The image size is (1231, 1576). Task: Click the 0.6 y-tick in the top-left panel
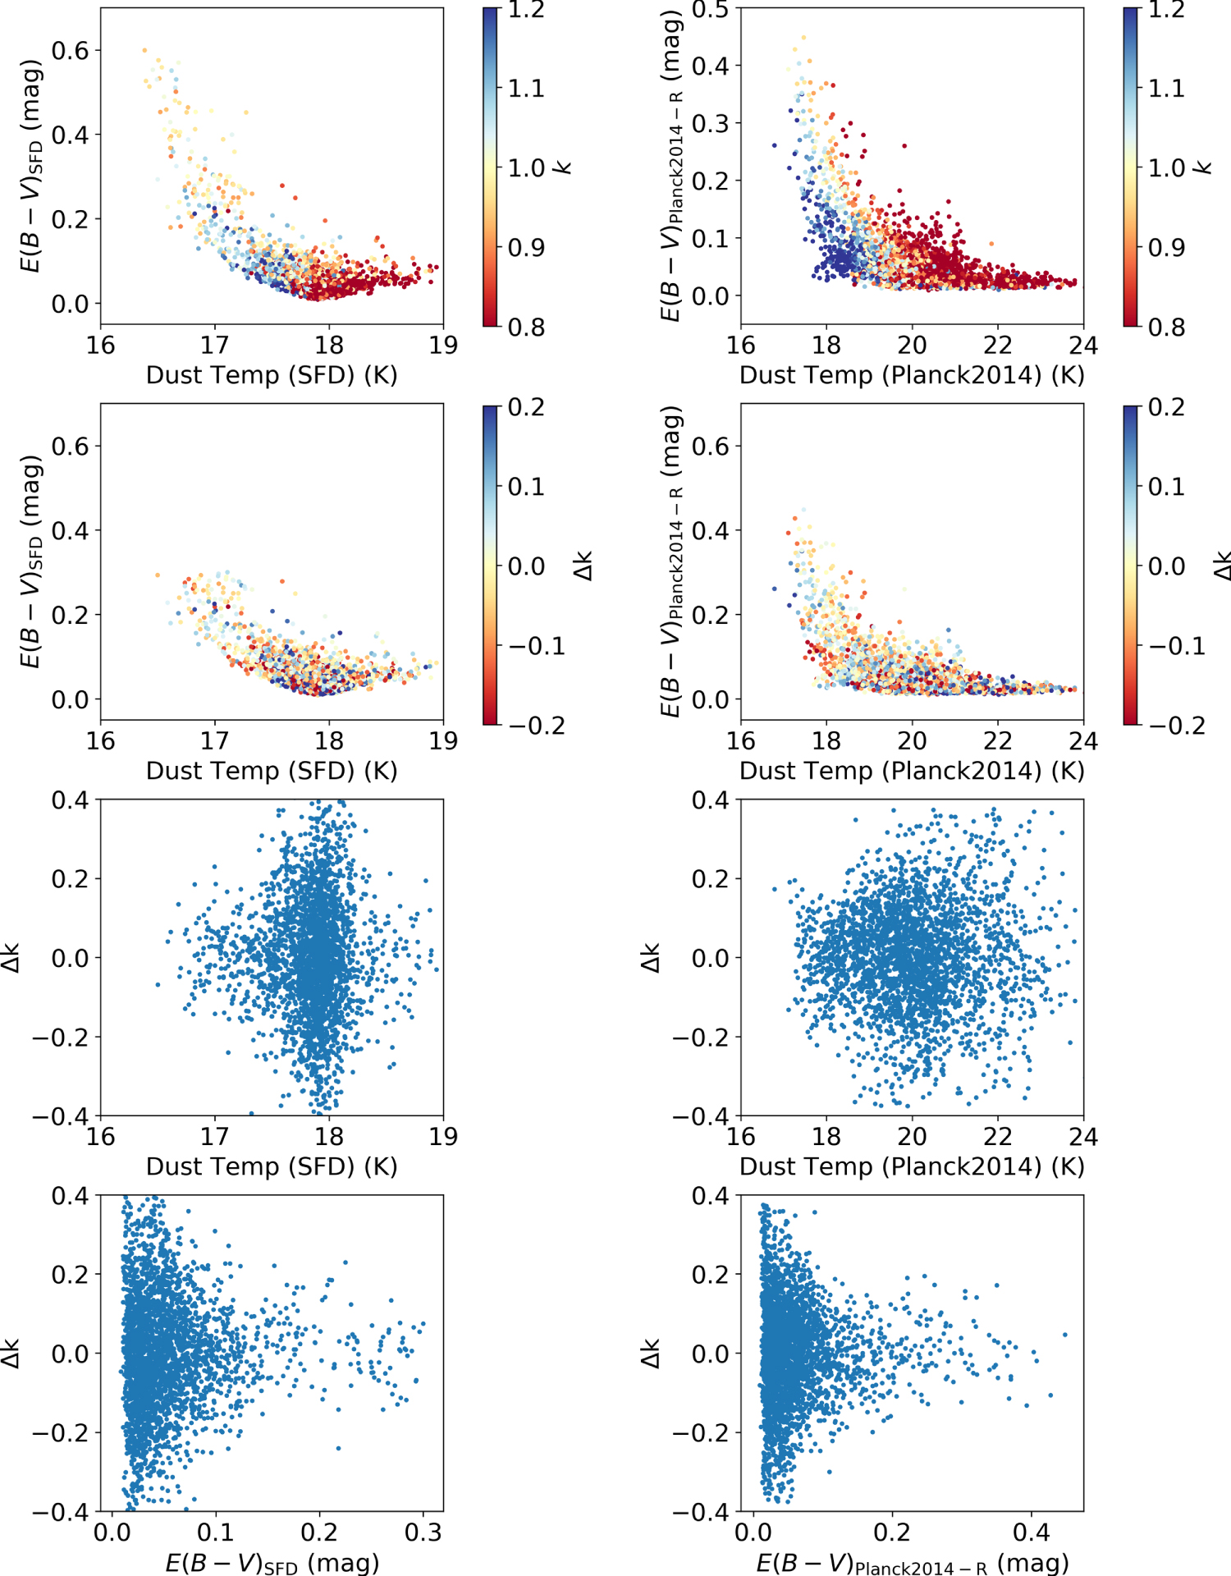(70, 51)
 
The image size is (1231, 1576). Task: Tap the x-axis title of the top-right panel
(912, 375)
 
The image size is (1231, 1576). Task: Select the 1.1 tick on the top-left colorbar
(526, 88)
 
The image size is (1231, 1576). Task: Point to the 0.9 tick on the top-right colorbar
(1166, 247)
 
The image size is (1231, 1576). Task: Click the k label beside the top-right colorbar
(1203, 167)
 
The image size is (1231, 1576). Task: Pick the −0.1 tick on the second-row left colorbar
(537, 646)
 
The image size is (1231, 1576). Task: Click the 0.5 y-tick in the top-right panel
(710, 10)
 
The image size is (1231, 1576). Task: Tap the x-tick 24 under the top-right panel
(1082, 346)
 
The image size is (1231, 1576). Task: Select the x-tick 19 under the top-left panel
(443, 346)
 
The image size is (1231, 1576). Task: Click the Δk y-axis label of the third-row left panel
(11, 958)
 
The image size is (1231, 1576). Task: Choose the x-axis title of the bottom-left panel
(272, 1562)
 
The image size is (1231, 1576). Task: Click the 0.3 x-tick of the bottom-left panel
(423, 1532)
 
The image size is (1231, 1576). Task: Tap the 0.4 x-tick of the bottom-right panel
(1031, 1532)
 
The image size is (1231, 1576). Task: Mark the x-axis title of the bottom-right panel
(912, 1562)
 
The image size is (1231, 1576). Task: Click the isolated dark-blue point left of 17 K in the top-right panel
(774, 145)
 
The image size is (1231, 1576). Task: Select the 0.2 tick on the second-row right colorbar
(1166, 407)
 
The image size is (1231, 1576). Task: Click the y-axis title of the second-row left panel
(30, 562)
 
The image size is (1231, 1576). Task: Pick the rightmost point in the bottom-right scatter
(1065, 1334)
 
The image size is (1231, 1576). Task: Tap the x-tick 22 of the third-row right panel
(997, 1137)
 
